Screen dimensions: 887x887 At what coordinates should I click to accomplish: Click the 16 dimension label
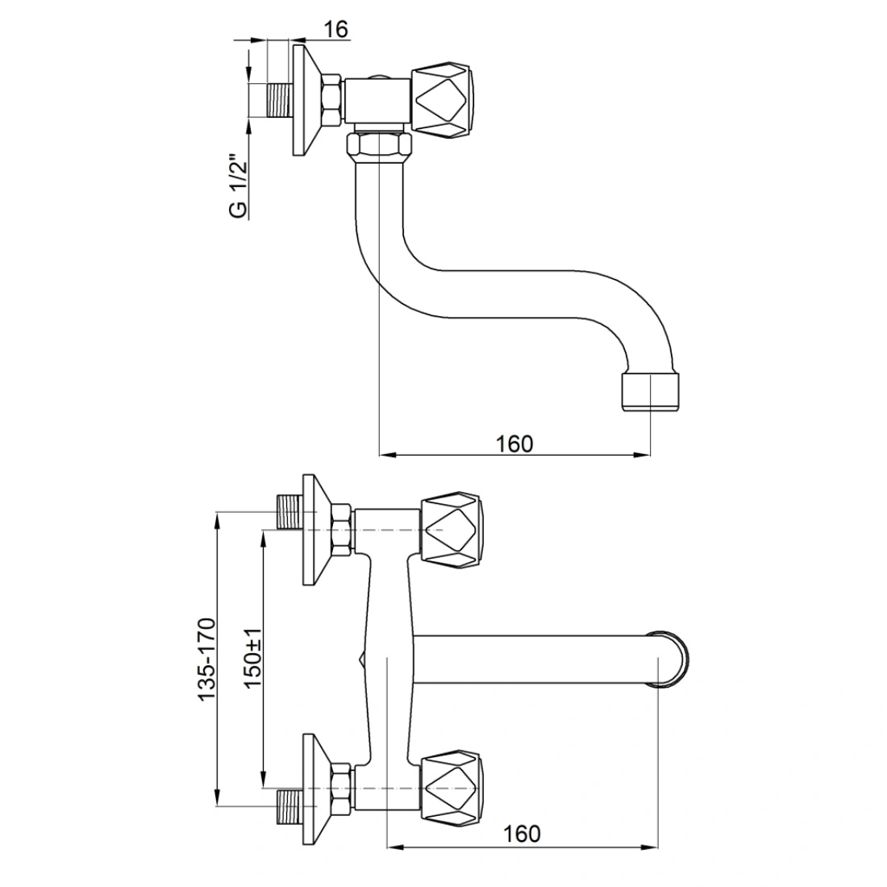[x=336, y=29]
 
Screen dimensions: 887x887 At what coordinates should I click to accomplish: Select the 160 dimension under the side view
[x=514, y=444]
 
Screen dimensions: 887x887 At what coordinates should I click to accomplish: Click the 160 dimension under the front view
[x=522, y=834]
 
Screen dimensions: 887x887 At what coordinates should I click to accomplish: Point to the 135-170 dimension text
[x=206, y=660]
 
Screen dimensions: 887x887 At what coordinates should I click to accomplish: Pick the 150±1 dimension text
[x=252, y=657]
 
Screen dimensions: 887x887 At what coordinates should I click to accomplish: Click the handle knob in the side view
[x=442, y=102]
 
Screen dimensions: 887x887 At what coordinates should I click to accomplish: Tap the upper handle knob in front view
[x=452, y=530]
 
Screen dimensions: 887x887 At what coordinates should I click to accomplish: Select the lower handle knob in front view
[x=452, y=788]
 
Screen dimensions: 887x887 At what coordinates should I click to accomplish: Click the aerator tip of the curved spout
[x=651, y=391]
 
